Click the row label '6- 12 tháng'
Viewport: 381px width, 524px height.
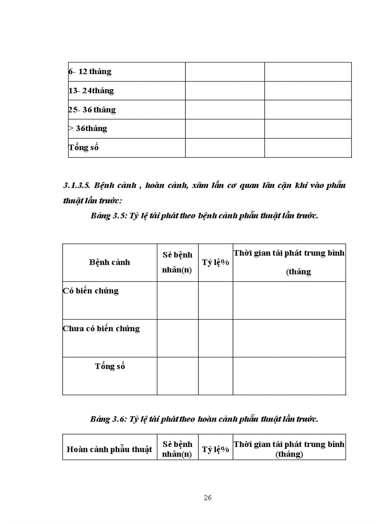90,71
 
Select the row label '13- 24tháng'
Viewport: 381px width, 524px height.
91,91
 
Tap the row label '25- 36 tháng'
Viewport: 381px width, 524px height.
92,110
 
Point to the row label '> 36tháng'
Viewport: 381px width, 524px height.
88,128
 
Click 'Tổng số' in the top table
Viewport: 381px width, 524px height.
84,147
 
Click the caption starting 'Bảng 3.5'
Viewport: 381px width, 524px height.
204,216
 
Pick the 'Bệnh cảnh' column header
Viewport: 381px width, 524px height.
110,262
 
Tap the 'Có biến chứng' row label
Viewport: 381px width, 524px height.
91,291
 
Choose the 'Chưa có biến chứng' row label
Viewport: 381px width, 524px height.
101,328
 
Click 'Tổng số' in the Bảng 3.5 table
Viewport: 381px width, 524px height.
110,366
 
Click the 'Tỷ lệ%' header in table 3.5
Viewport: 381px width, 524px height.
215,262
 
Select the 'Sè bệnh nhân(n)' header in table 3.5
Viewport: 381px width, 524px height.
177,262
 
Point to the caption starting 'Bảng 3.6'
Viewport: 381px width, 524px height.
204,419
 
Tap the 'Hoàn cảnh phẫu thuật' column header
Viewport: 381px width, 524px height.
110,449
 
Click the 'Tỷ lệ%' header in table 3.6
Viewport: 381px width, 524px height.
215,449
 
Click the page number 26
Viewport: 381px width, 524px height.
208,497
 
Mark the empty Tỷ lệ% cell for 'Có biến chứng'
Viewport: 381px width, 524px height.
215,300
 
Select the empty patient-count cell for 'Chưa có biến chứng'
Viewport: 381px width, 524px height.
177,338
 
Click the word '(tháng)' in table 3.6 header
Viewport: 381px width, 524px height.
289,454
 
